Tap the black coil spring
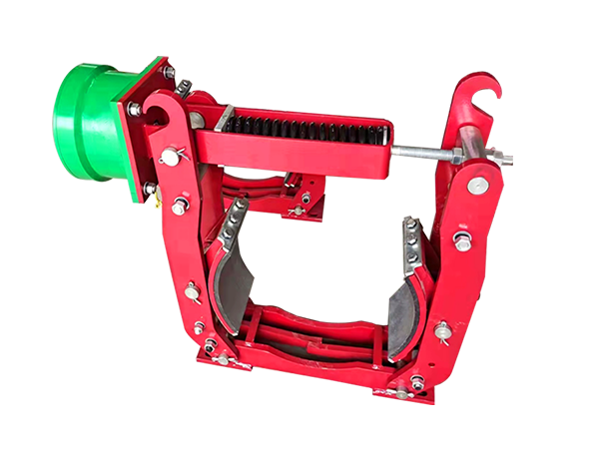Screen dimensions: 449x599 (x=304, y=128)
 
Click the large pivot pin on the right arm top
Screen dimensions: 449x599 (x=477, y=185)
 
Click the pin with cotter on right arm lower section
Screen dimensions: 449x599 (x=443, y=330)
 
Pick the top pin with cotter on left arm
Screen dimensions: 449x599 (x=172, y=156)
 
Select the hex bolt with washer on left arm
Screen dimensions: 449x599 (x=180, y=207)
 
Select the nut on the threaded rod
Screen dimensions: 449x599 (x=454, y=157)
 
